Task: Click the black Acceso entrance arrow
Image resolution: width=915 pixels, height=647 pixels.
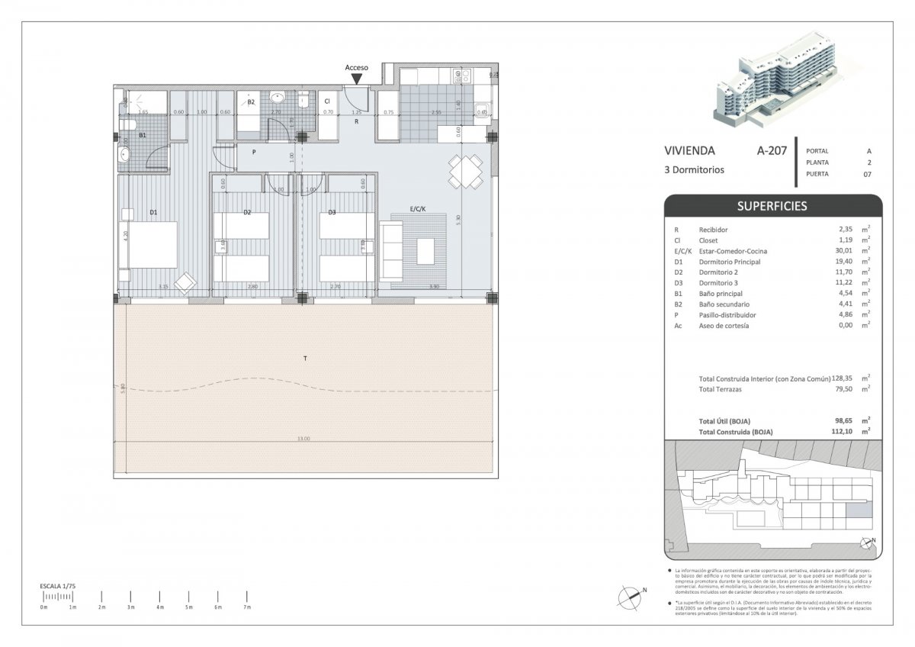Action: [x=356, y=79]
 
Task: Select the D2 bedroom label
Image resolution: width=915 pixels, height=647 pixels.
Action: [x=246, y=213]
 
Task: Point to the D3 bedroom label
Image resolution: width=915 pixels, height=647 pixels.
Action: [x=332, y=213]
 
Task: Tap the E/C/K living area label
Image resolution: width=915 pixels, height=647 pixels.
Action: [x=417, y=208]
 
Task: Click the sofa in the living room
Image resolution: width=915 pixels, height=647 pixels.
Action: [x=390, y=249]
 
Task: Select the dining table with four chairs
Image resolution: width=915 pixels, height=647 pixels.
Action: [x=466, y=172]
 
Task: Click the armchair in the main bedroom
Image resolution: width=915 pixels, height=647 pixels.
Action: [x=185, y=284]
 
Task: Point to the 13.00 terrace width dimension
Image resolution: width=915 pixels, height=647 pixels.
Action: [x=303, y=439]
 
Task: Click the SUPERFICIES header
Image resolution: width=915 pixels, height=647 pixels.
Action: [x=772, y=206]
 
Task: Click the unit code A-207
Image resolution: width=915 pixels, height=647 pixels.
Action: [x=771, y=152]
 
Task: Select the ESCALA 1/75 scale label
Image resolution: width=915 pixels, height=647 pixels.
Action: [x=59, y=585]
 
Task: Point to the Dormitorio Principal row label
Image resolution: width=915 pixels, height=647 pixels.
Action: [x=730, y=262]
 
